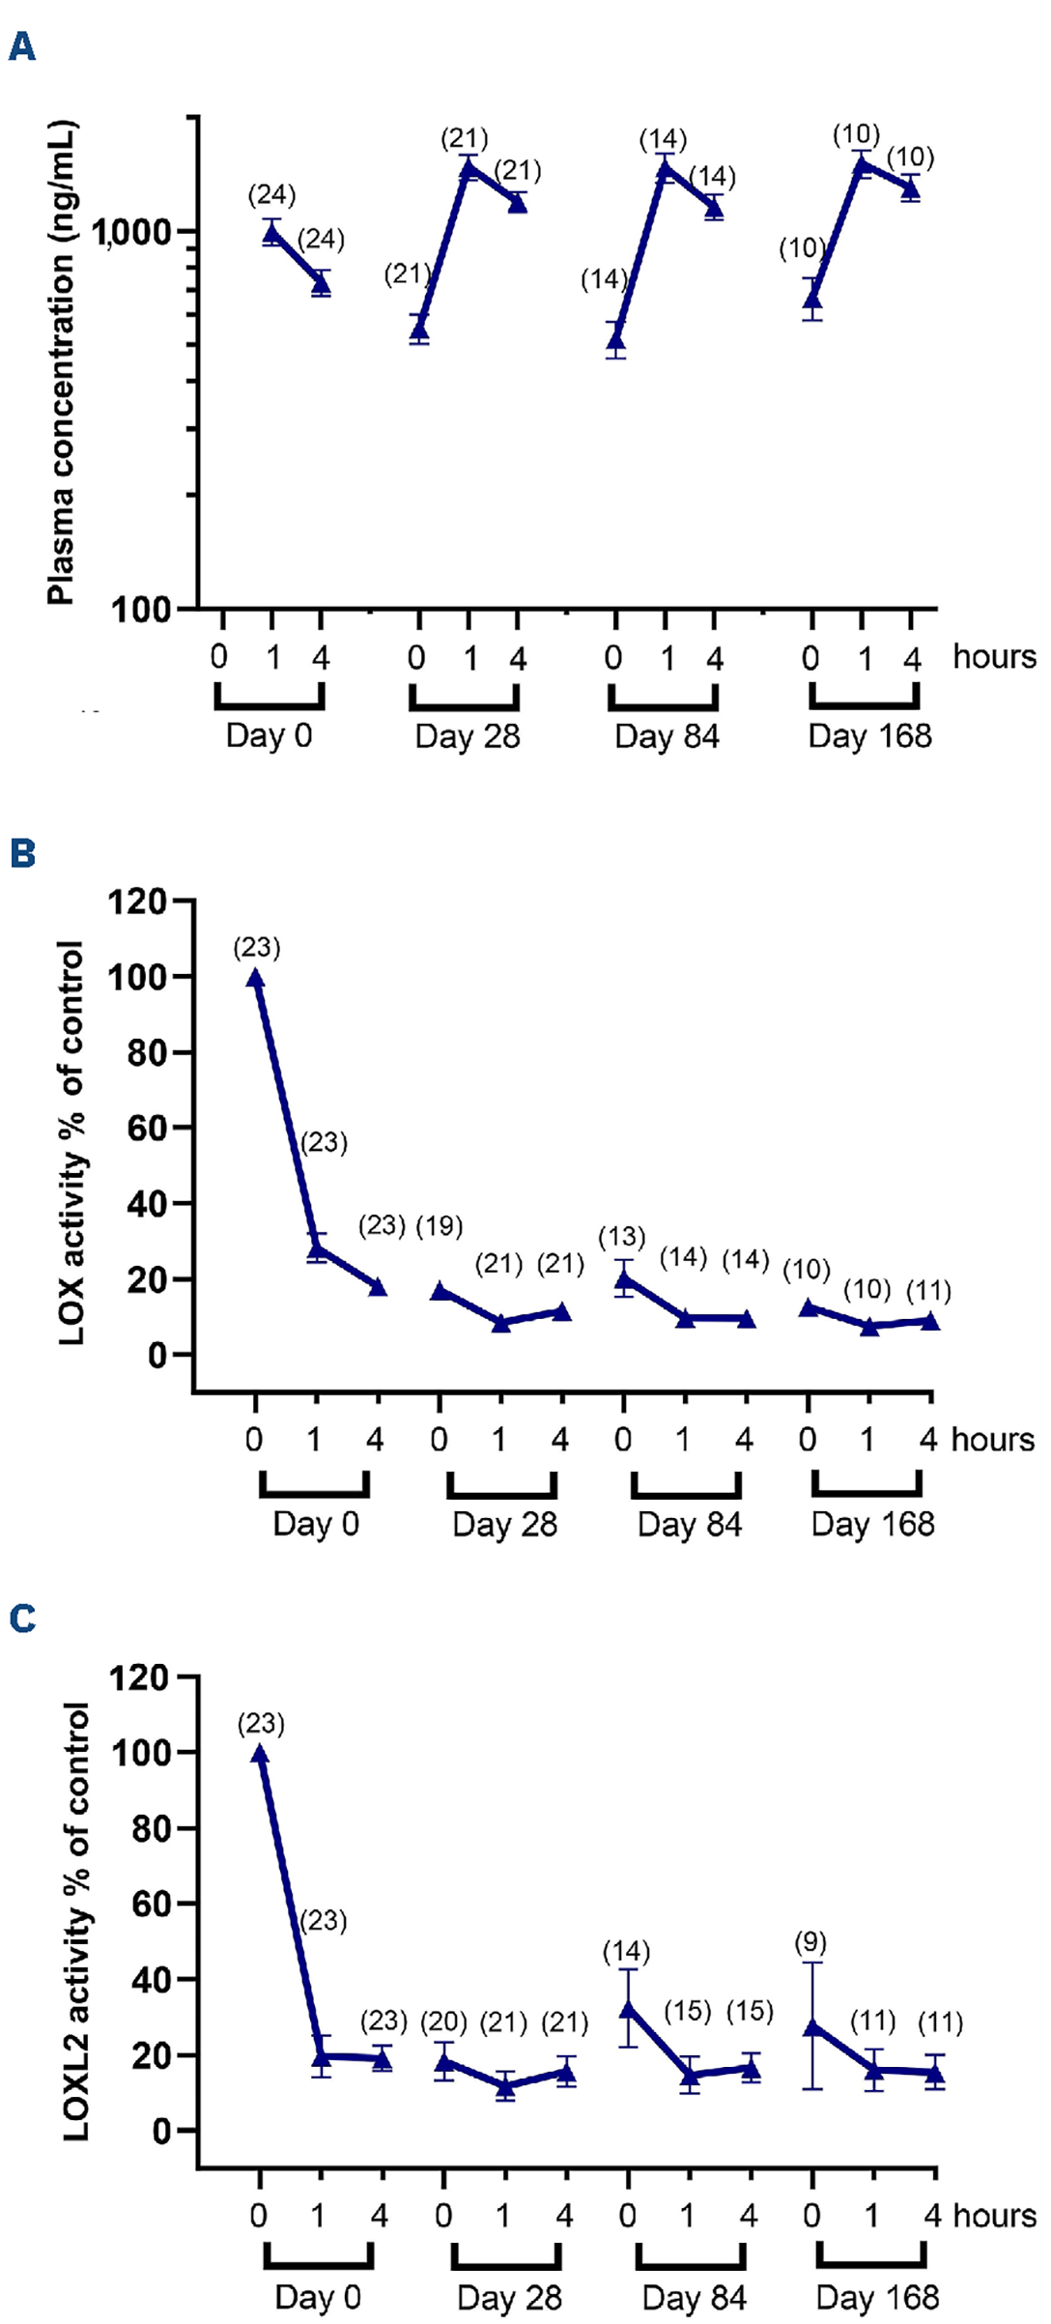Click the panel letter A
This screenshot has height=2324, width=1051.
(x=21, y=45)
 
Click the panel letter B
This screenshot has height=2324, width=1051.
(x=21, y=853)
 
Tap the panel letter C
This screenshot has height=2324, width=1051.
(x=21, y=1618)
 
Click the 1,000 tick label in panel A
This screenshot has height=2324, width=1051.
(x=131, y=233)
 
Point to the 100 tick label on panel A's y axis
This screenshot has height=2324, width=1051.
(x=141, y=610)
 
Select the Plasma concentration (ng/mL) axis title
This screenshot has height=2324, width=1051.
(x=61, y=363)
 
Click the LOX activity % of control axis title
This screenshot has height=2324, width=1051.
(x=72, y=1143)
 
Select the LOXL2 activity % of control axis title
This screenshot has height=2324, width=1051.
(x=76, y=1922)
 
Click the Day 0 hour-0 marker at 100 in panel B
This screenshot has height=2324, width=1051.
(x=255, y=979)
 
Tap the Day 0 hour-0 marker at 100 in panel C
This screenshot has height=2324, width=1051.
(x=260, y=1754)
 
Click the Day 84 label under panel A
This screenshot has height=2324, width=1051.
(x=667, y=736)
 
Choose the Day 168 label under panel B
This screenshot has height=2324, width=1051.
(x=872, y=1524)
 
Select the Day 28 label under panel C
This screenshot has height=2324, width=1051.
(x=509, y=2297)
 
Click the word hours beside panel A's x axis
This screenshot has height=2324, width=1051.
(x=994, y=657)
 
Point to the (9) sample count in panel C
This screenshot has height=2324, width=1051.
(x=810, y=1942)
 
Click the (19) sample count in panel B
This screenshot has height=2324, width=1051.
(x=440, y=1226)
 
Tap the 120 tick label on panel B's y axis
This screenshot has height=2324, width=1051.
(x=137, y=903)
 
